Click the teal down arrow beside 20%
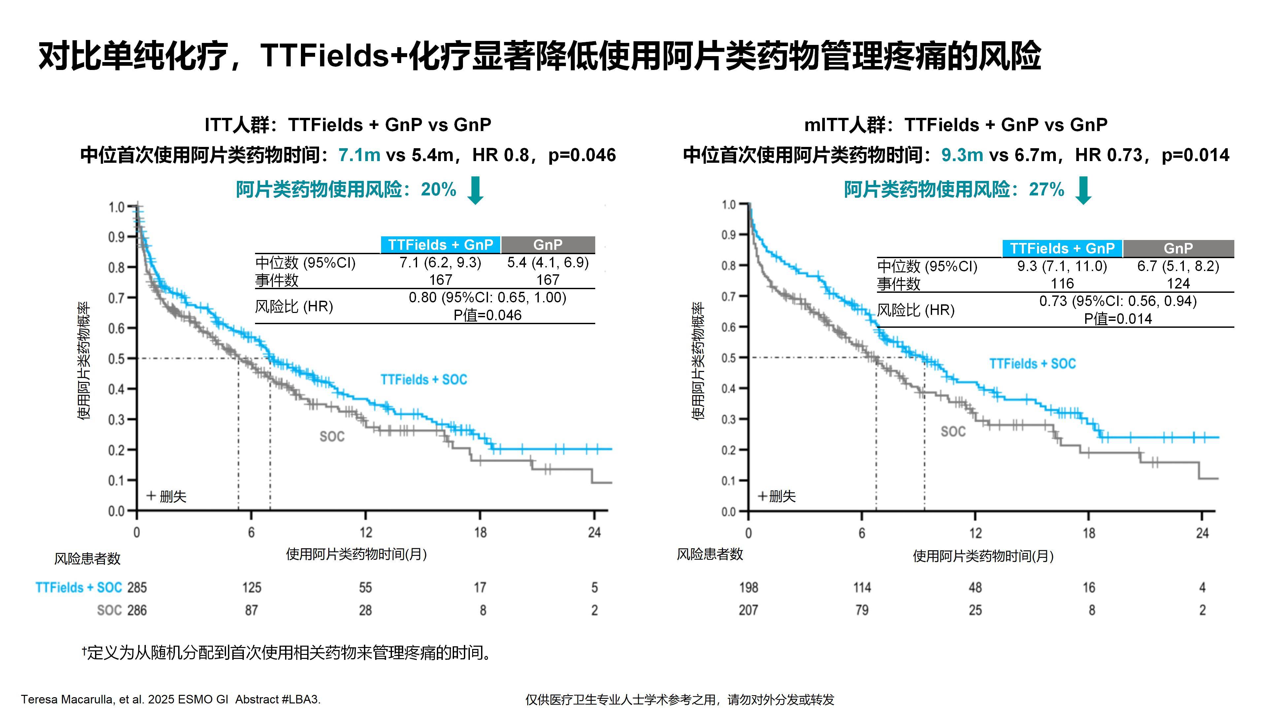point(475,190)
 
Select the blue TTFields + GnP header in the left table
point(440,245)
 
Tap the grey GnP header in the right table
point(1178,248)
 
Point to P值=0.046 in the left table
point(487,315)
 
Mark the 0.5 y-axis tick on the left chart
point(116,358)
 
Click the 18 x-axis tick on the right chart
point(1088,533)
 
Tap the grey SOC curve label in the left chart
point(332,436)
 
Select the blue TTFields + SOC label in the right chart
point(1032,364)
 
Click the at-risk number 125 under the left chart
point(251,588)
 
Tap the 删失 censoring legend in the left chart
point(167,496)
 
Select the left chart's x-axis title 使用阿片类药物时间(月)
point(356,554)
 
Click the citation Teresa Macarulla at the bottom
point(170,699)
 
